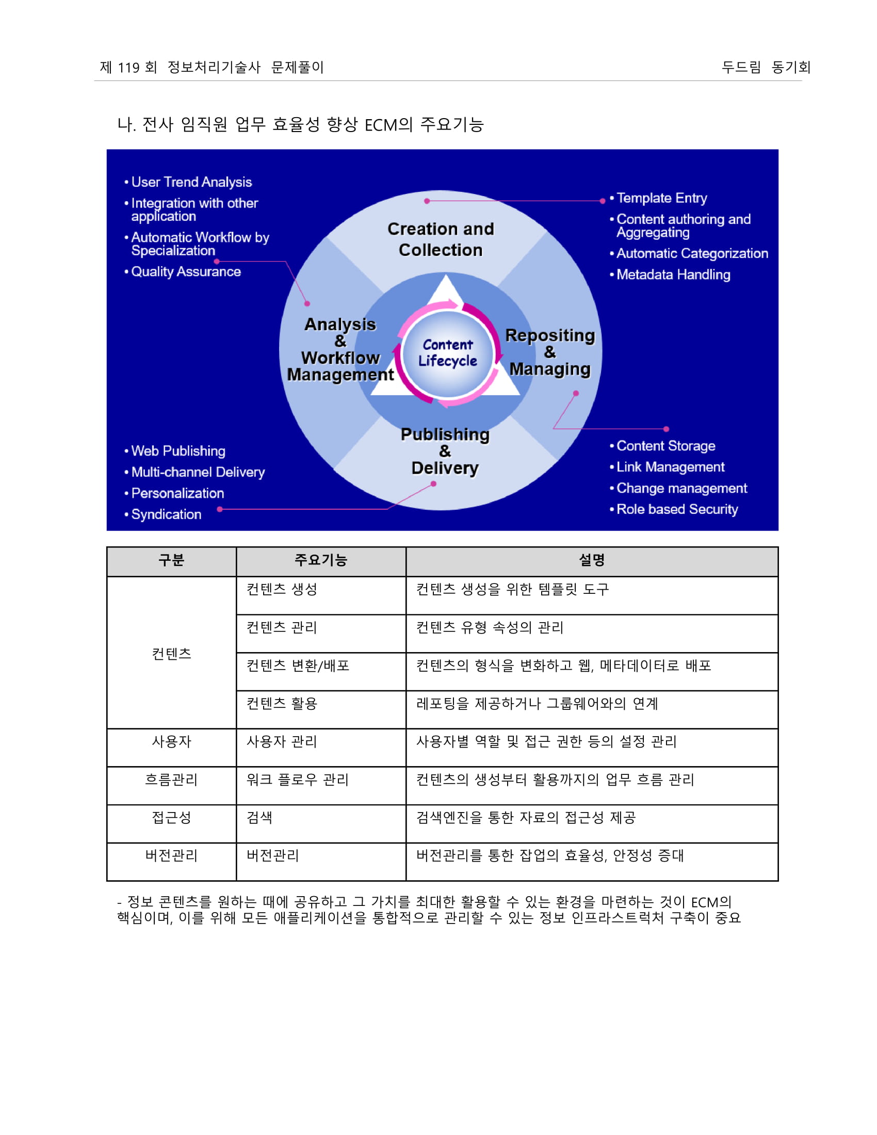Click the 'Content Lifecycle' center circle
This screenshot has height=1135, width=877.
[447, 353]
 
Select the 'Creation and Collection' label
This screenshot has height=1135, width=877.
[441, 239]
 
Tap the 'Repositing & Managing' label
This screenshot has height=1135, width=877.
[550, 352]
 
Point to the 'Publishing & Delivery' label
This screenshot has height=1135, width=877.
[445, 451]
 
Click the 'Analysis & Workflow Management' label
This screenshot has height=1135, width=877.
[340, 349]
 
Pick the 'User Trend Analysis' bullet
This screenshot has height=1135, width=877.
[191, 183]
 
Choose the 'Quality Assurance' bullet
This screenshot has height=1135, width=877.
[186, 272]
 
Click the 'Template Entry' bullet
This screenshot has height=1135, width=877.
[661, 198]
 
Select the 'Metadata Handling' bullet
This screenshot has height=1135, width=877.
[673, 274]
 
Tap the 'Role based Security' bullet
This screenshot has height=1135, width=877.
[676, 509]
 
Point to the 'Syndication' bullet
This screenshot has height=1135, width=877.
[166, 514]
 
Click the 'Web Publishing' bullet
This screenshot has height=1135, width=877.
[177, 451]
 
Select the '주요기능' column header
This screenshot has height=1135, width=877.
[320, 560]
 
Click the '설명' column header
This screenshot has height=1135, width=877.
[592, 560]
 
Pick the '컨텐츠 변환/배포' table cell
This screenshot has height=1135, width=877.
[298, 666]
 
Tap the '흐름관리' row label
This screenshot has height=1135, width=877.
[171, 780]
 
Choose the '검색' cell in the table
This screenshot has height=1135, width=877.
[259, 818]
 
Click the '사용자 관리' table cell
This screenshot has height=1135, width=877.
[282, 741]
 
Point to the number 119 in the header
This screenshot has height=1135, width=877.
[128, 68]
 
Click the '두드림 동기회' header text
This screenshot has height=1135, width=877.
[765, 67]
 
